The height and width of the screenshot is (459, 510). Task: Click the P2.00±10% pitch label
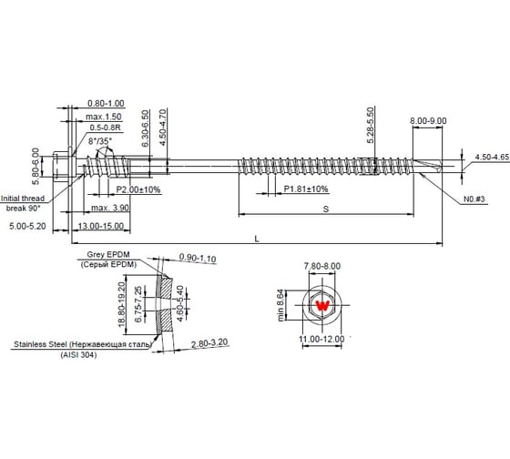tap(139, 189)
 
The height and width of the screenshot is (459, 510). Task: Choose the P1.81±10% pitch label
tap(306, 189)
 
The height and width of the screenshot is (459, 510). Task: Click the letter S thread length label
tap(325, 209)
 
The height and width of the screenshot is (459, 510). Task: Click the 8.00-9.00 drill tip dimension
tap(429, 120)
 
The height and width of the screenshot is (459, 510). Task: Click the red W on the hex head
tap(321, 306)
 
